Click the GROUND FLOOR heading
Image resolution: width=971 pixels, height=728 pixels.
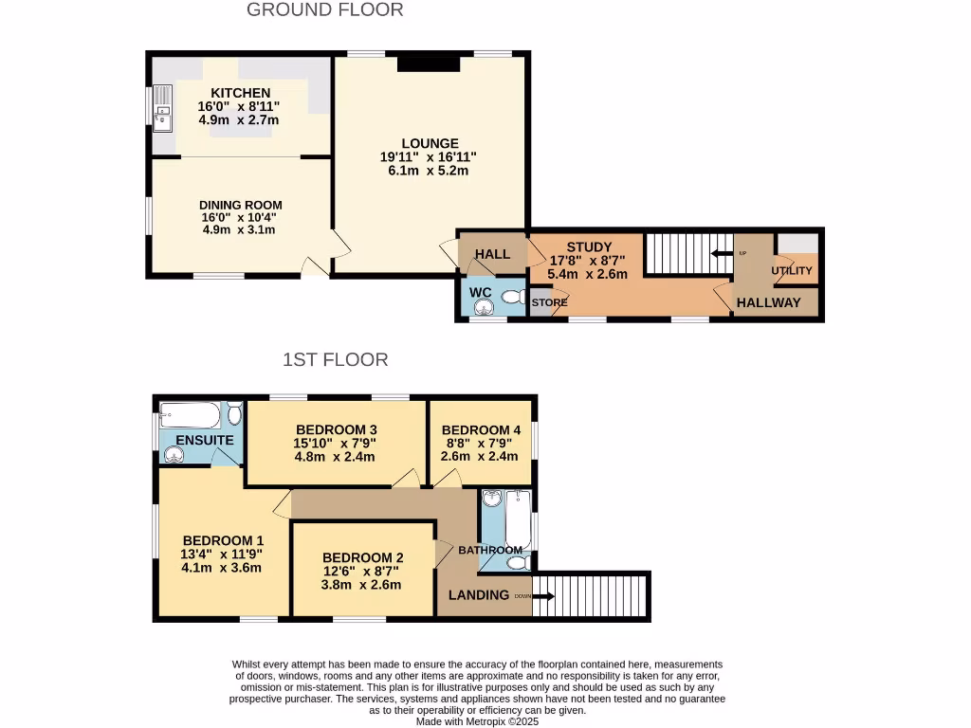coord(324,10)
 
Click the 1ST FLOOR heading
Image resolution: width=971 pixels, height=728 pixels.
coord(335,360)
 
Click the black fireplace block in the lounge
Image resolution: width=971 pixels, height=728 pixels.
coord(429,63)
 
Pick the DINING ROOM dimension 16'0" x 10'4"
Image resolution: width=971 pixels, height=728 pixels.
coord(240,217)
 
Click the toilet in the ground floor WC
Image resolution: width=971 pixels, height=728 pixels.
coord(513,297)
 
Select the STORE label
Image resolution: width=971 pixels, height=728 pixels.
coord(549,303)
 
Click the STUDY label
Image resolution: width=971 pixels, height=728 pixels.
coord(589,247)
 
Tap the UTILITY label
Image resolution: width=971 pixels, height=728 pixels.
coord(792,271)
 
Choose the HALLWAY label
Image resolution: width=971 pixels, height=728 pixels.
coord(769,303)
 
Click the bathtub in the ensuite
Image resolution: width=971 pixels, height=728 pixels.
coord(191,415)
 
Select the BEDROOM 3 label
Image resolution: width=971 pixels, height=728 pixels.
coord(336,428)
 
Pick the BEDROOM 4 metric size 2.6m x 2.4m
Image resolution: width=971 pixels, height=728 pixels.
coord(480,456)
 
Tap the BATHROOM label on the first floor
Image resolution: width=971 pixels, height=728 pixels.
coord(490,550)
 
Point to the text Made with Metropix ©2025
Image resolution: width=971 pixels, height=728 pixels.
coord(478,721)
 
